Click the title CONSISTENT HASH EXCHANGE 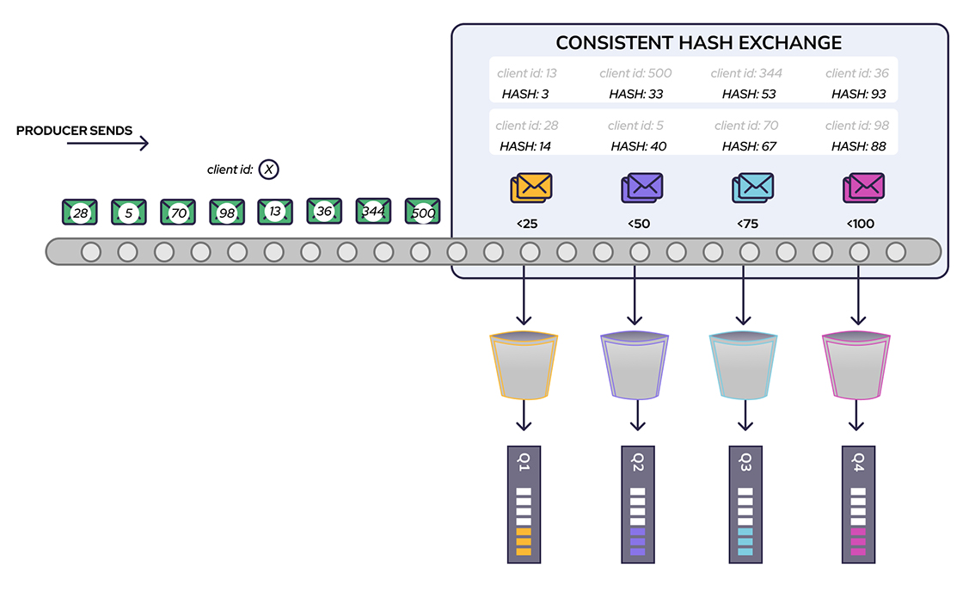coord(698,42)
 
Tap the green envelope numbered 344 coord(374,211)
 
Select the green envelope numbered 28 coord(80,212)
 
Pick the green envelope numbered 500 coord(422,212)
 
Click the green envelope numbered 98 coord(227,212)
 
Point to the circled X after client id coord(269,170)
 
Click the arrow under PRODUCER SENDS coord(107,144)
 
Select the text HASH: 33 coord(635,94)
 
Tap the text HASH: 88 coord(858,146)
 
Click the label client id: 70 coord(747,126)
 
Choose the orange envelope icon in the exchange coord(530,188)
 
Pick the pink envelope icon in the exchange coord(863,188)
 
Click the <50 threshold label coord(639,224)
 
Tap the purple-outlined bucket coord(634,366)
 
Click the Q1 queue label coord(524,463)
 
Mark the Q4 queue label coord(857,463)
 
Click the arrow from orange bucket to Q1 coord(524,418)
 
